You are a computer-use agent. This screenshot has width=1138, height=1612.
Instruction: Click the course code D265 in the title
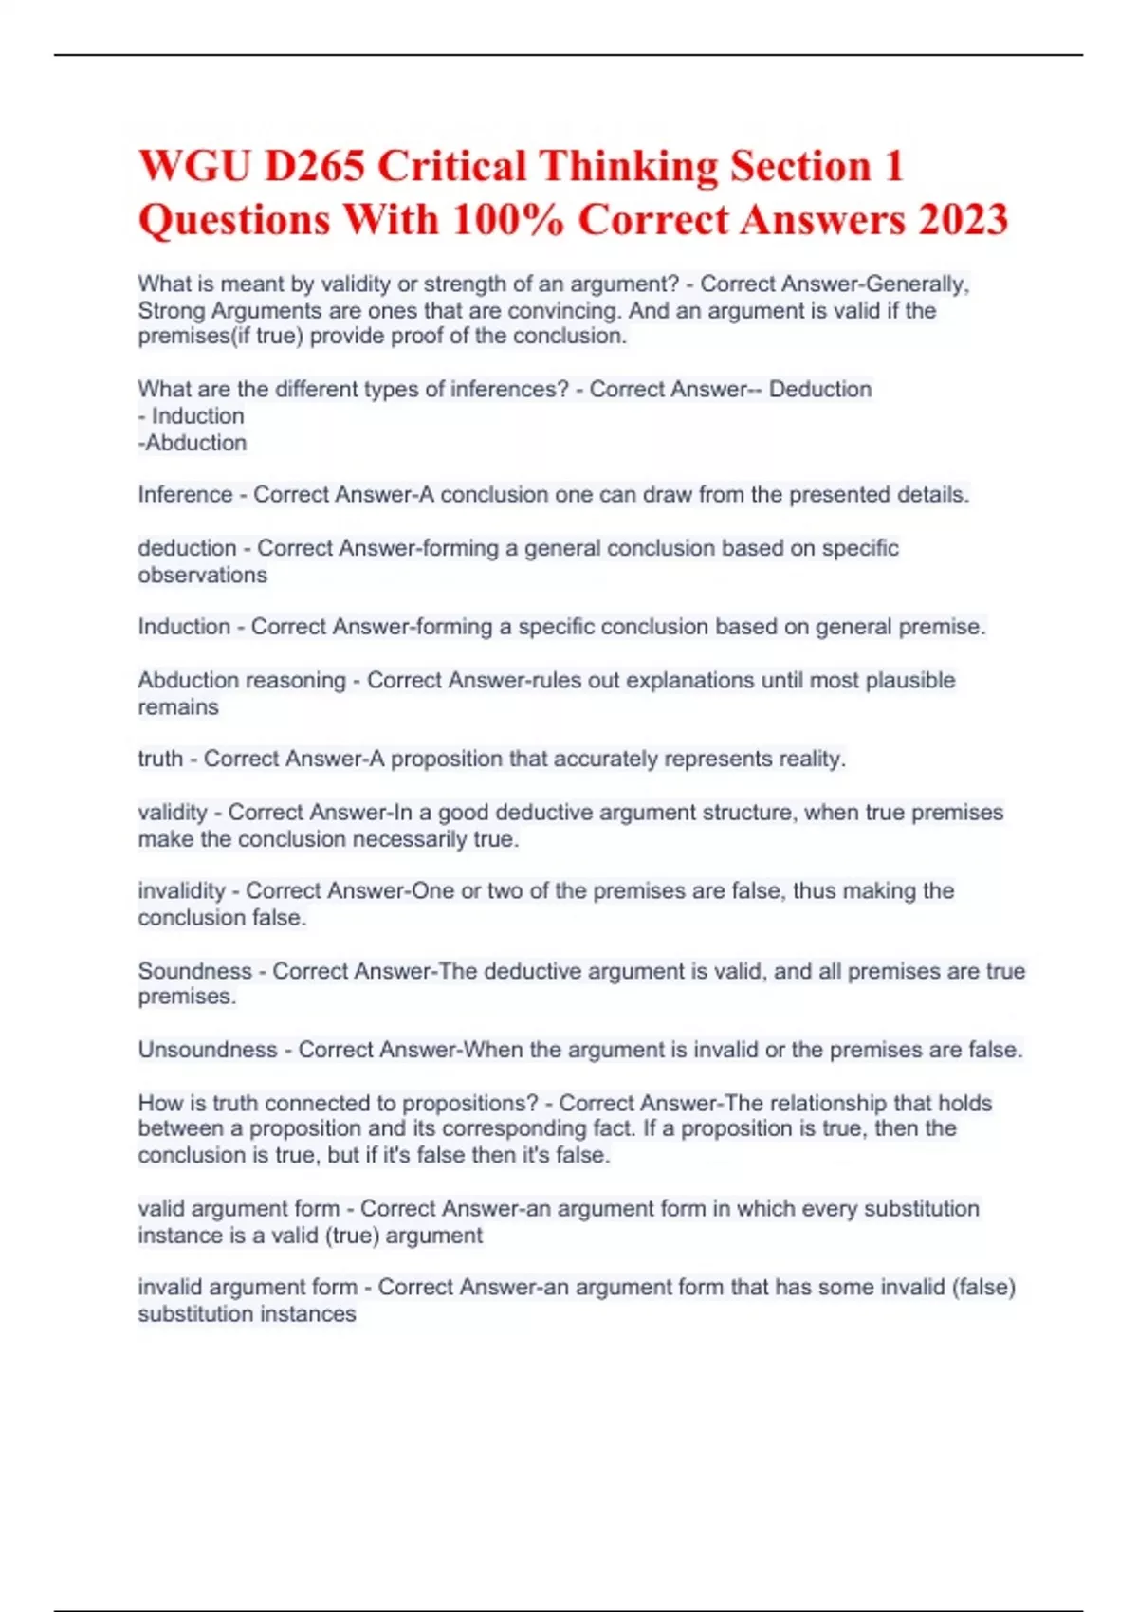point(314,167)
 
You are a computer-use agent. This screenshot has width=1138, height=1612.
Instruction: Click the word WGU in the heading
point(193,167)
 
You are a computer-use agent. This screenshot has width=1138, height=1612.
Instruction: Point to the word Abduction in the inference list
point(195,443)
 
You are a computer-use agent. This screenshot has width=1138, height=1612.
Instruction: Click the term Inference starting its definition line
point(185,495)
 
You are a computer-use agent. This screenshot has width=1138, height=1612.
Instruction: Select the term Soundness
point(194,971)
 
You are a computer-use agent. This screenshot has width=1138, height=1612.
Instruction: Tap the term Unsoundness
point(208,1050)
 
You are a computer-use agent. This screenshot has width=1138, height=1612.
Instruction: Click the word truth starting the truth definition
point(160,759)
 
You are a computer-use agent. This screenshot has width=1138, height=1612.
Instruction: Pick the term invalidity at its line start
point(181,891)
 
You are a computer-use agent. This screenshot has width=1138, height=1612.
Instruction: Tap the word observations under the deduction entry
point(202,575)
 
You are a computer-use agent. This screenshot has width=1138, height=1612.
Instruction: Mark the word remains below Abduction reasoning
point(178,706)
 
